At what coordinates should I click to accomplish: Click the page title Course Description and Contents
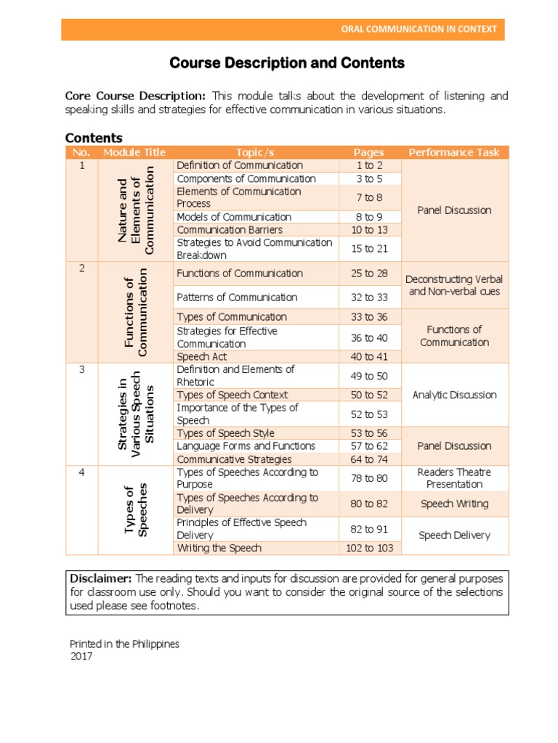[287, 63]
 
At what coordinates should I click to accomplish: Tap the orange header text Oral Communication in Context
[419, 29]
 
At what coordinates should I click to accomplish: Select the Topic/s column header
[256, 152]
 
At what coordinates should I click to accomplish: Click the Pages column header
[369, 152]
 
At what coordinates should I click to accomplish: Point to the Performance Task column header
[454, 152]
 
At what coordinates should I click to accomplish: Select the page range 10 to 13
[369, 230]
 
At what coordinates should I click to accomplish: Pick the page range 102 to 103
[369, 548]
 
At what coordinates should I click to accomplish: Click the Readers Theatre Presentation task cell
[454, 478]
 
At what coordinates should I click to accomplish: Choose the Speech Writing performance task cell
[454, 504]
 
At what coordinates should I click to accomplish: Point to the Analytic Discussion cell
[454, 395]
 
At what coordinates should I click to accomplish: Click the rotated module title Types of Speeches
[136, 510]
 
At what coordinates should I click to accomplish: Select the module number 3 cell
[82, 369]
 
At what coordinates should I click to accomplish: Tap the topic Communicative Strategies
[234, 459]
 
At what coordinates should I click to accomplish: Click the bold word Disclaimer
[100, 578]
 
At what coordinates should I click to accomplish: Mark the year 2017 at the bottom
[81, 656]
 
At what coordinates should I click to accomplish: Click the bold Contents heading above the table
[94, 138]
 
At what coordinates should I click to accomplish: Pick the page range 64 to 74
[369, 459]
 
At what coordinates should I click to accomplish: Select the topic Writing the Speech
[219, 548]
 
